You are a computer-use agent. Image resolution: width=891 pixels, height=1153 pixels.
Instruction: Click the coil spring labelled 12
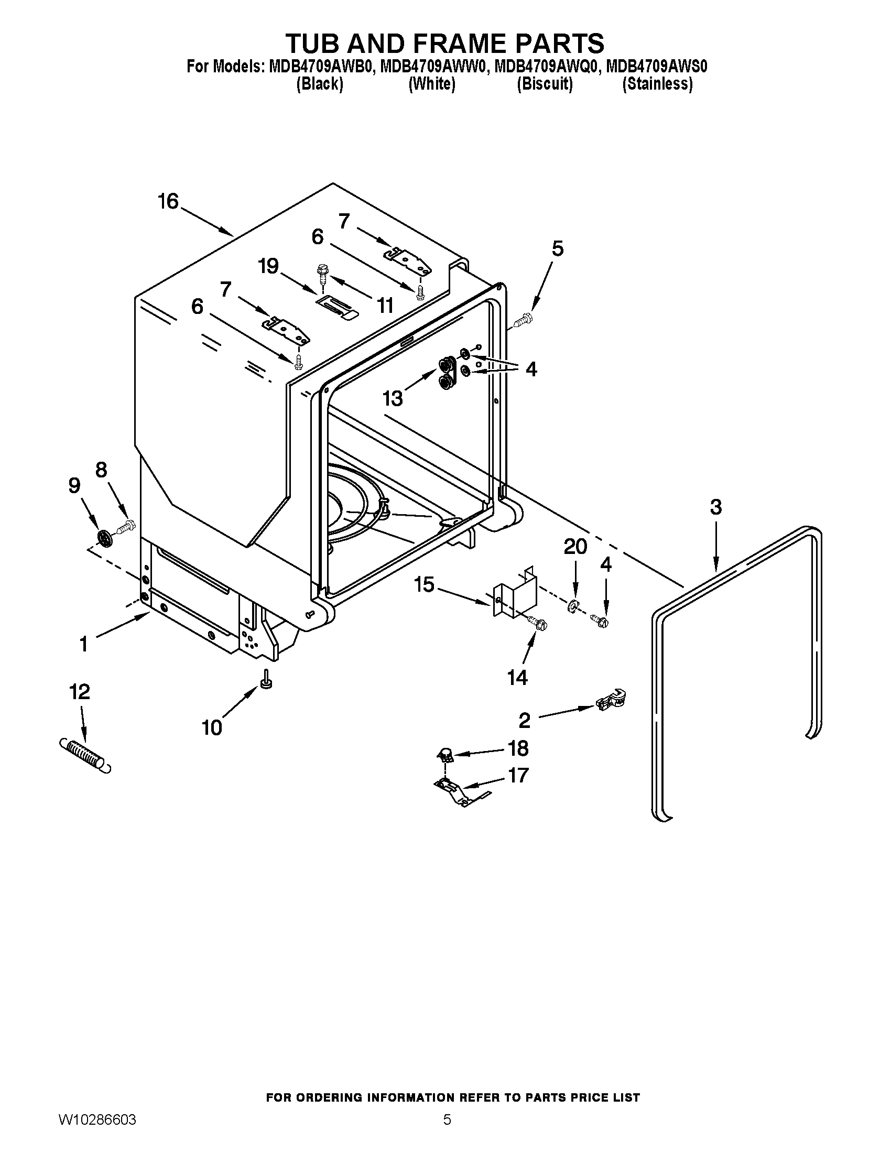click(x=84, y=755)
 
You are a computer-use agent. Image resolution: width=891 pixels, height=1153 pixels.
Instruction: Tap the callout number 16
click(x=168, y=201)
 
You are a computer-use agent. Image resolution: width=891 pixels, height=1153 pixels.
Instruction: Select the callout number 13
click(x=393, y=398)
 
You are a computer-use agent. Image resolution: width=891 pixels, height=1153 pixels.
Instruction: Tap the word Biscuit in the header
click(x=545, y=84)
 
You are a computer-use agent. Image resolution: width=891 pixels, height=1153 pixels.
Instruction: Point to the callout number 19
click(x=268, y=266)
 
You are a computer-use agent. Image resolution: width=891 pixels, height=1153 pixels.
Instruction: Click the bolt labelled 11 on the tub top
click(x=321, y=274)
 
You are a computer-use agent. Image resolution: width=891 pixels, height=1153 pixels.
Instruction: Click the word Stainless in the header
click(x=657, y=84)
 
